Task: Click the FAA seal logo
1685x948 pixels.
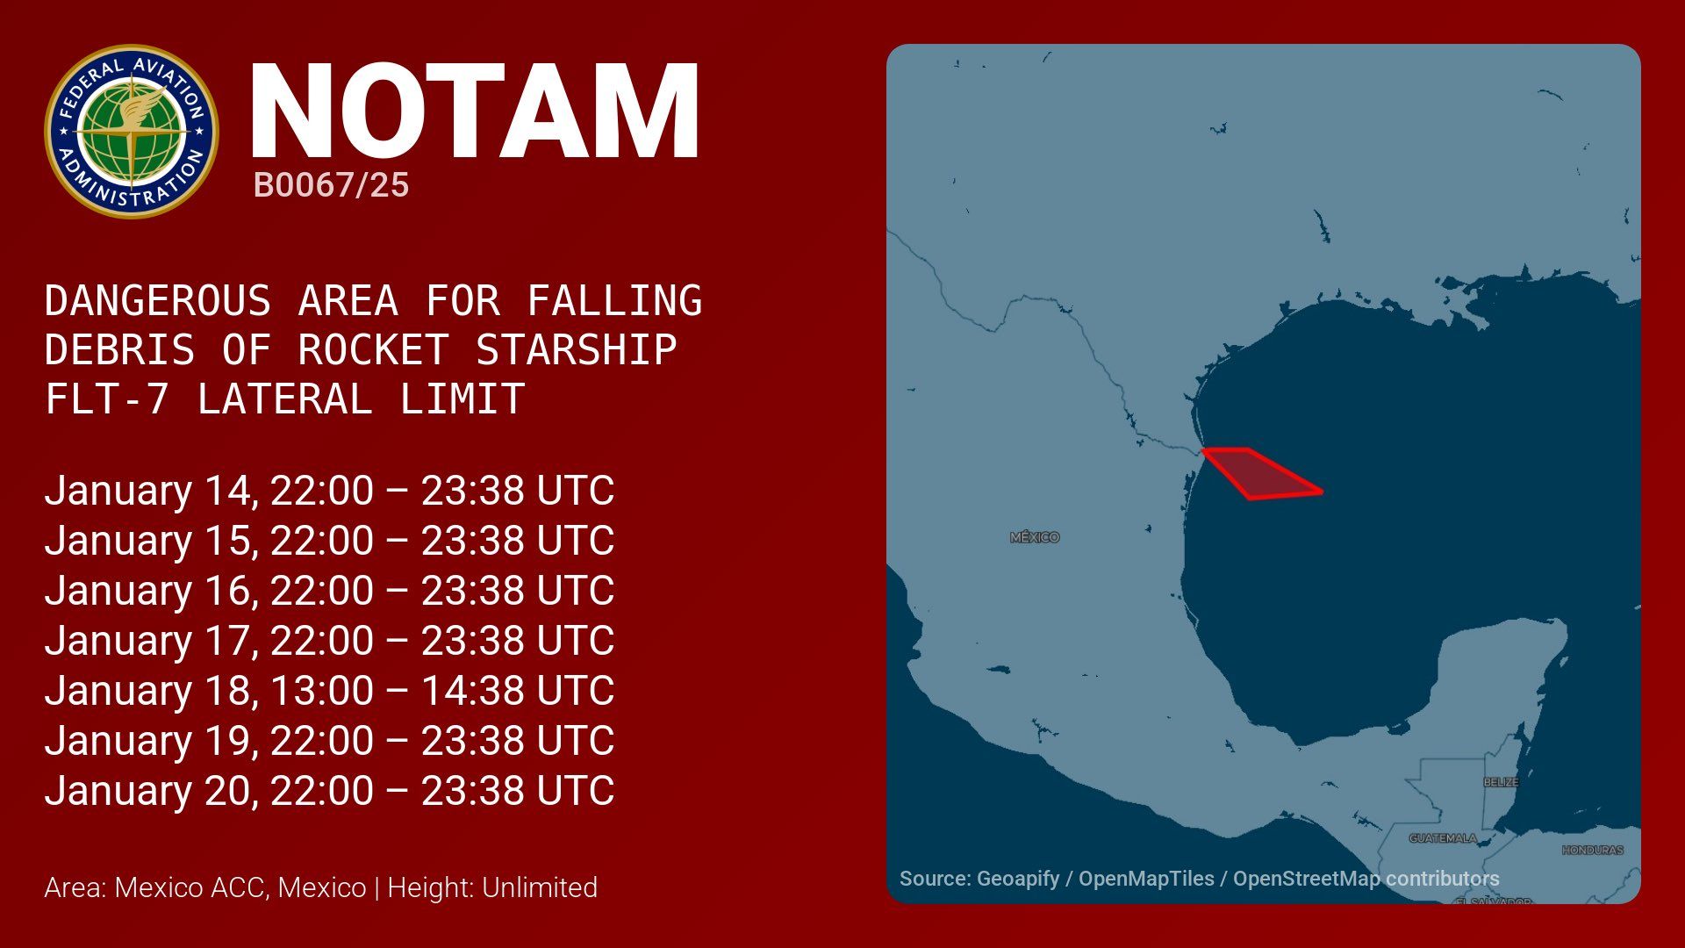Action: pos(132,132)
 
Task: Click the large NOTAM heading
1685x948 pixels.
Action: pos(475,111)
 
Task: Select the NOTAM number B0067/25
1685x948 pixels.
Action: pos(331,185)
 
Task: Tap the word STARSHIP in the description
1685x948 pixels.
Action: pos(576,349)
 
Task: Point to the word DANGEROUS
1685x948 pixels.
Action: pos(158,300)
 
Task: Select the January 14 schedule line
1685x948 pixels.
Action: pos(329,490)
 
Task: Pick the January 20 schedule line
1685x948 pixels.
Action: pos(329,790)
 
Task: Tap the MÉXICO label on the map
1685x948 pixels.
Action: pos(1035,537)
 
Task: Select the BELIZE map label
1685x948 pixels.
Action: pos(1501,782)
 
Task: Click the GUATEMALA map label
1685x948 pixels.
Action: pos(1443,838)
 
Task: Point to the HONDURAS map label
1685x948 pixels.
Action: pos(1593,850)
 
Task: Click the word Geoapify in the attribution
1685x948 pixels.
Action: pos(1018,879)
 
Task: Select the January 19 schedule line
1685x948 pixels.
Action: pos(329,740)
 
